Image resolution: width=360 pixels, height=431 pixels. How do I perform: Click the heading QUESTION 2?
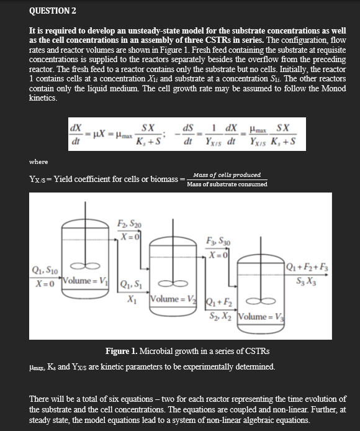[53, 11]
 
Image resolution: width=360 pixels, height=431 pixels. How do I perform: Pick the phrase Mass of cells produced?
[227, 175]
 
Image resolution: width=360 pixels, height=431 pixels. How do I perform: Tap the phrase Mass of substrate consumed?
[227, 184]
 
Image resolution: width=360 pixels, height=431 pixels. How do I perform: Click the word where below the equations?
[38, 161]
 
